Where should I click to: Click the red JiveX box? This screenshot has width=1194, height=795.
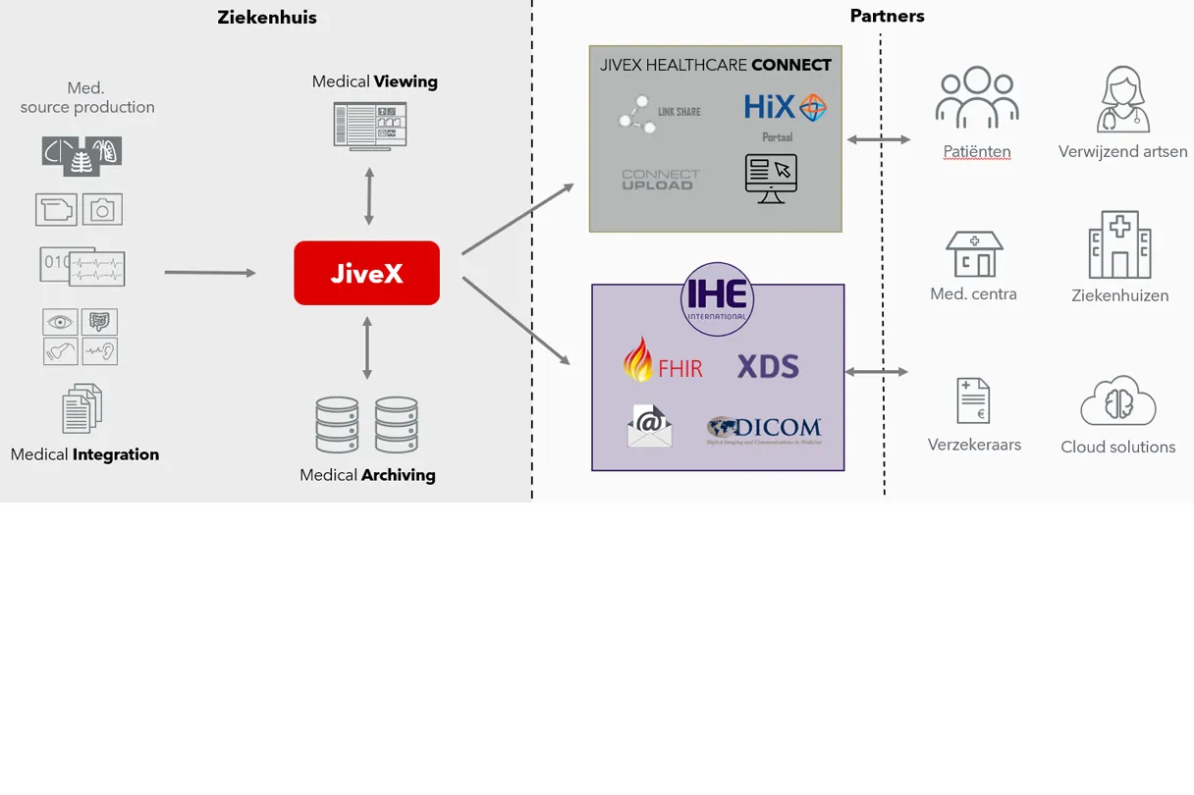pos(366,273)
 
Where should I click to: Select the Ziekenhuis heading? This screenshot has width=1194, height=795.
pos(267,18)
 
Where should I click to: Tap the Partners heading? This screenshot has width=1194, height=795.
pos(887,16)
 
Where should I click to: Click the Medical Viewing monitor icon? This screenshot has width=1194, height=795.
pos(369,127)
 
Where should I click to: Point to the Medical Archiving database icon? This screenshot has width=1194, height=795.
pos(367,424)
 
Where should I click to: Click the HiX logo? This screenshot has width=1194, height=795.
pos(785,108)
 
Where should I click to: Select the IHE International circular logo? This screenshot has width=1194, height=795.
pos(718,299)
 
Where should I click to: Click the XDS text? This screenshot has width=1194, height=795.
pos(768,367)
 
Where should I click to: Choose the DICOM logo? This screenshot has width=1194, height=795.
pos(764,430)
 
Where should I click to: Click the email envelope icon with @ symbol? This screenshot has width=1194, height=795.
pos(649,427)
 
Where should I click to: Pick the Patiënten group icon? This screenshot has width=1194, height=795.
pos(976,98)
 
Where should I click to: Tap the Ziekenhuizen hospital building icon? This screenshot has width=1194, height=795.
pos(1119,245)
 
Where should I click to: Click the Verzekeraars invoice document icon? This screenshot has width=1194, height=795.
pos(973,400)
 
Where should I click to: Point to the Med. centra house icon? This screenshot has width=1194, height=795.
pos(974,254)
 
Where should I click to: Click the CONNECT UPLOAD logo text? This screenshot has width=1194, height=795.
pos(660,180)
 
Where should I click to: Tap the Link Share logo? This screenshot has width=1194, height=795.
pos(659,113)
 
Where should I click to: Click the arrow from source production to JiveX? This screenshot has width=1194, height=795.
pos(209,272)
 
